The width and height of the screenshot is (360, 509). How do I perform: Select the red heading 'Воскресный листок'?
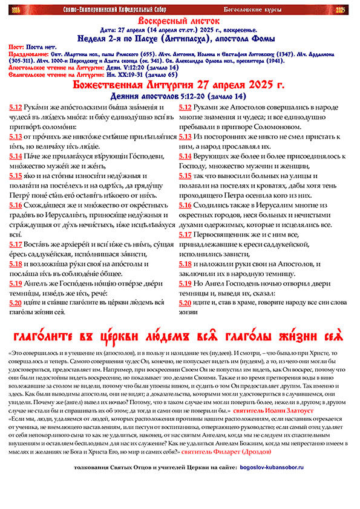tap(179, 21)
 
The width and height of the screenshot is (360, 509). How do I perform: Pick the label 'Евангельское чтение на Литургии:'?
tap(57, 74)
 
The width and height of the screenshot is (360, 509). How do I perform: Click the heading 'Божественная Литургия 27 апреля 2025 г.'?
tap(179, 86)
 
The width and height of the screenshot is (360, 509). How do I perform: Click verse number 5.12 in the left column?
tap(16, 107)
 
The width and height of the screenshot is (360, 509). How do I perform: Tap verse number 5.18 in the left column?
tap(16, 264)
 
